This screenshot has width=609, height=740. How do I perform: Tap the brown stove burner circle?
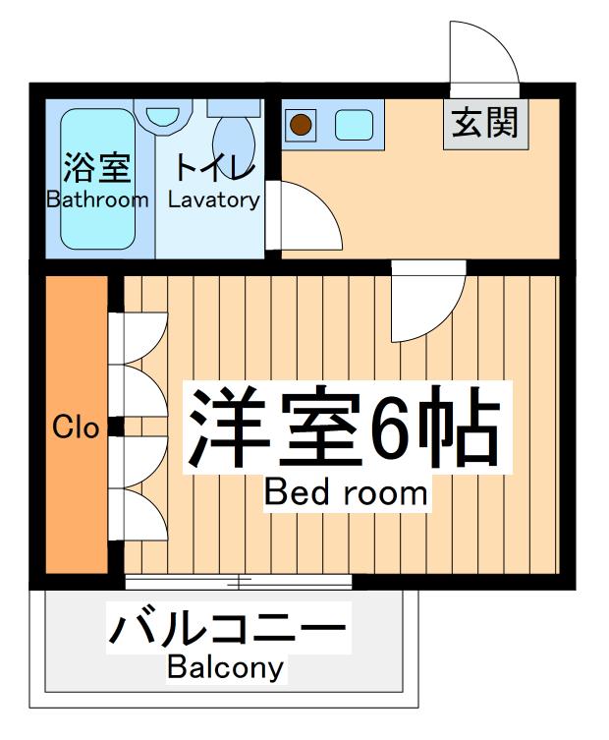tap(301, 125)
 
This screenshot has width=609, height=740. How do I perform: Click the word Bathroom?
tap(97, 199)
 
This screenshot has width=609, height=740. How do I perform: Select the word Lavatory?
tap(213, 199)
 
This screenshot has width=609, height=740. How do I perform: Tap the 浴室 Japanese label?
tap(96, 168)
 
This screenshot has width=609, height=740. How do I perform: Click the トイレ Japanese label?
tap(215, 167)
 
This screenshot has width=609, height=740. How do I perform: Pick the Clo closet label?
tap(76, 427)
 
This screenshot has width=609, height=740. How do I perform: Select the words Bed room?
tap(346, 491)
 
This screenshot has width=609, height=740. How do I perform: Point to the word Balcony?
tap(225, 669)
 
